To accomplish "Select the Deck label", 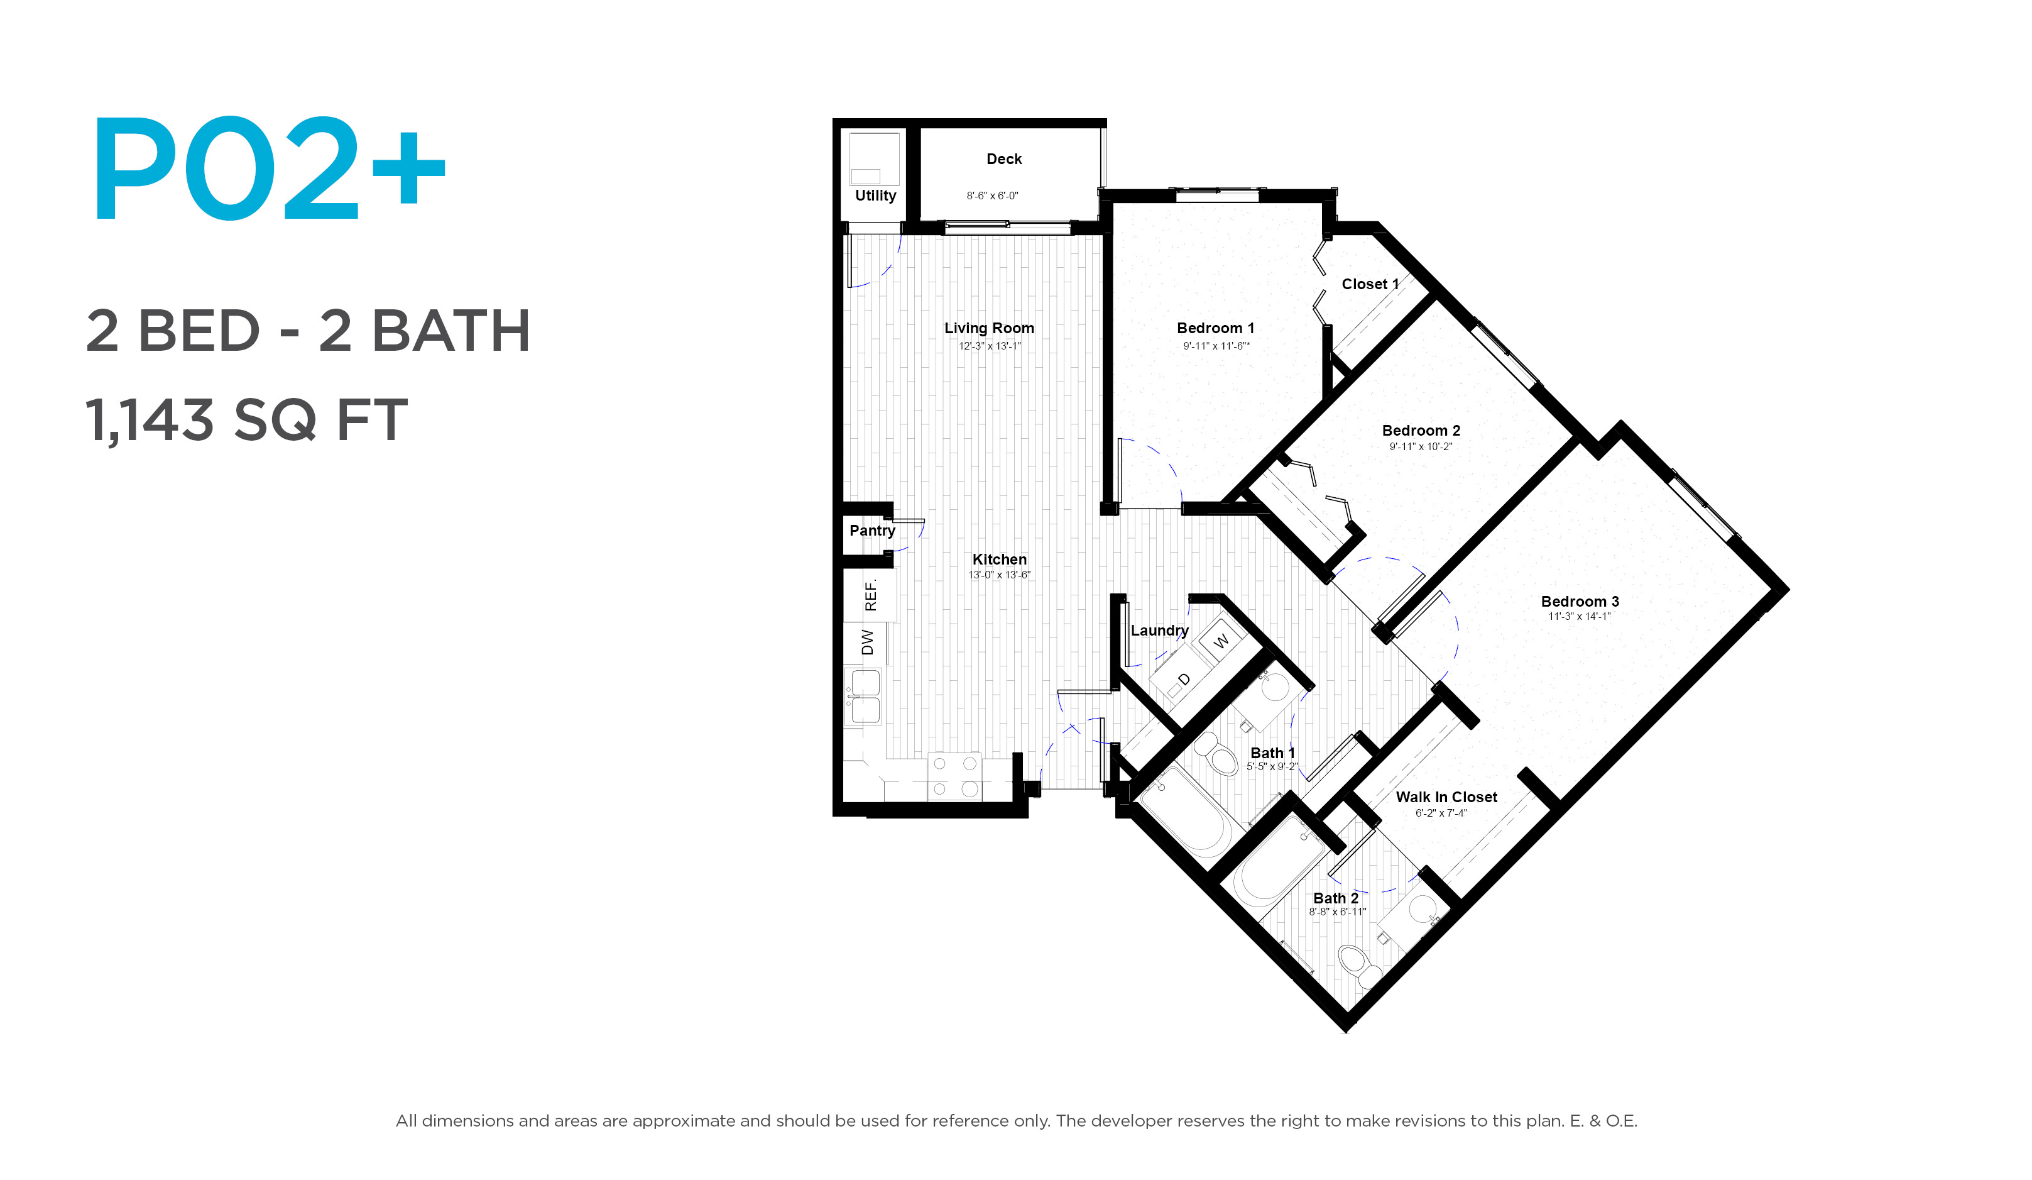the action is (x=1004, y=159).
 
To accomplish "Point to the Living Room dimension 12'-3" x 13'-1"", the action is (x=990, y=346).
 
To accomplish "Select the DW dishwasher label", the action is (x=868, y=642).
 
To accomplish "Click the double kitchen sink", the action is (x=865, y=697).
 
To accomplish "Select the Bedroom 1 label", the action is (x=1215, y=328).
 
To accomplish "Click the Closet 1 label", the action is (x=1370, y=284).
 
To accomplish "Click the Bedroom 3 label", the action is (x=1580, y=602).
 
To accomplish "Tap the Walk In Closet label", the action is (x=1446, y=797).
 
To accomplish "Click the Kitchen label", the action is (x=999, y=560).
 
